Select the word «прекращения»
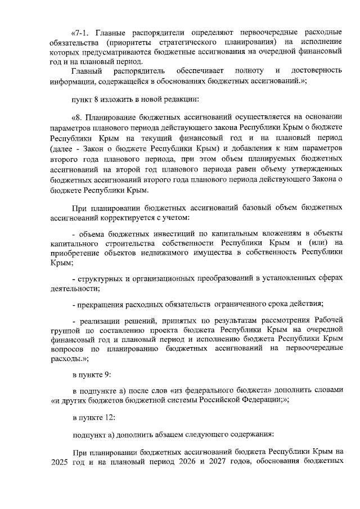click(x=101, y=304)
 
